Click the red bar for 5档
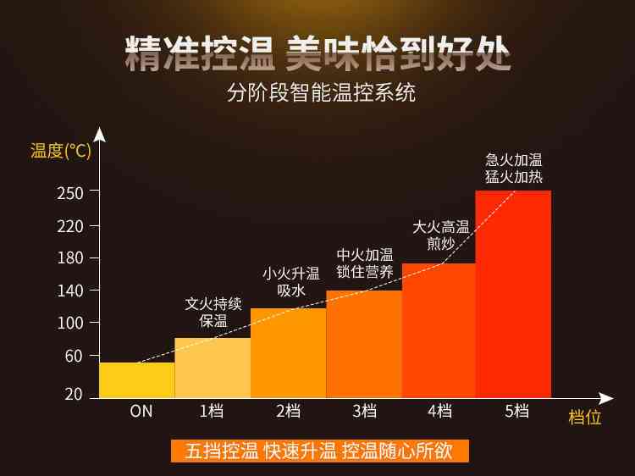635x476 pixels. [x=513, y=294]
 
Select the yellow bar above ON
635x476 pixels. [x=137, y=380]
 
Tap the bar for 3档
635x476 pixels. [x=364, y=344]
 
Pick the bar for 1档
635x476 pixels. [x=213, y=368]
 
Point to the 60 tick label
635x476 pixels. [x=74, y=356]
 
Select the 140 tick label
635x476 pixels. [x=72, y=291]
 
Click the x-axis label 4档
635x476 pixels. [x=439, y=412]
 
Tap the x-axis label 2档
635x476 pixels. [x=289, y=412]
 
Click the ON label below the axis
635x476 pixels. [x=141, y=412]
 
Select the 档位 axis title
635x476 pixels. [x=584, y=417]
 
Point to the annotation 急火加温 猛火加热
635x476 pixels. [x=514, y=168]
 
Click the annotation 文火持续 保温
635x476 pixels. [x=213, y=312]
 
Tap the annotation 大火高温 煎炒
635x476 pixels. [x=440, y=235]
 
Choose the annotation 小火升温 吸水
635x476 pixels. [x=290, y=281]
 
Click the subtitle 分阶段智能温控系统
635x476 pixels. [x=322, y=92]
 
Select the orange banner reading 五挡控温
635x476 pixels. [x=320, y=451]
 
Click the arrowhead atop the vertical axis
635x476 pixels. [x=100, y=134]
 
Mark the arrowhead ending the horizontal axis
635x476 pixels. [x=605, y=398]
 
